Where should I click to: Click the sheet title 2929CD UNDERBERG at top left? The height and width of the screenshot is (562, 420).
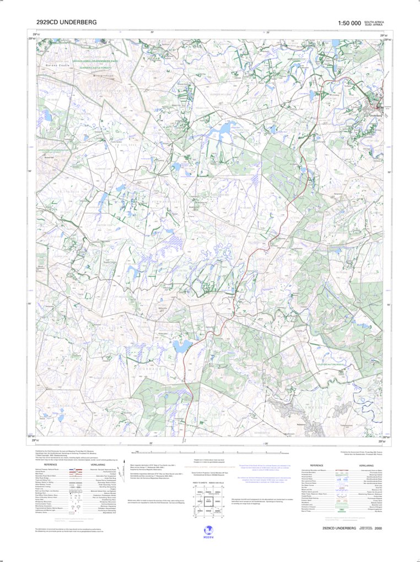[x=66, y=23]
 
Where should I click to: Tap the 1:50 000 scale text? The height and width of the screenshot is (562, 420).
[x=349, y=23]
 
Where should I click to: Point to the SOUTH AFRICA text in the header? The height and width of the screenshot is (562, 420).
[x=374, y=21]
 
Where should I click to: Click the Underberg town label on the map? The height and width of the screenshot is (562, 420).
[x=374, y=116]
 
